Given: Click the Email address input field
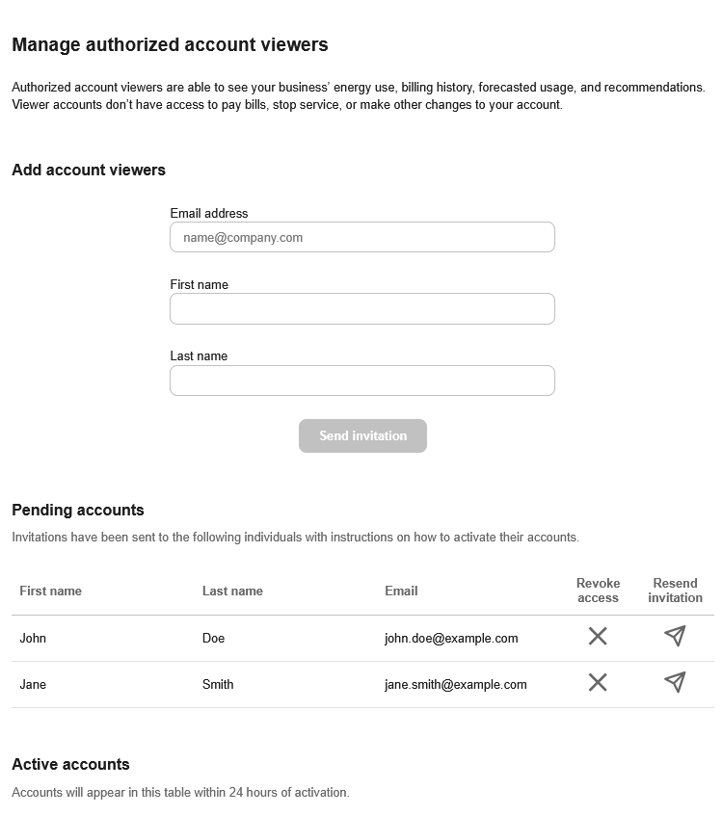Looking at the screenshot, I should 361,237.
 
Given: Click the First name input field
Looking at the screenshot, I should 361,309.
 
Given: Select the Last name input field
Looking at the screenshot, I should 361,381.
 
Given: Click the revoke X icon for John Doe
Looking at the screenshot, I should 598,636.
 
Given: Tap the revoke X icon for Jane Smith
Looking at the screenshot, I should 598,682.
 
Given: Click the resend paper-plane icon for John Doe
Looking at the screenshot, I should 675,636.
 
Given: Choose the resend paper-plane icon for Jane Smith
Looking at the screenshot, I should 675,682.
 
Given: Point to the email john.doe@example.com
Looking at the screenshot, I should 451,638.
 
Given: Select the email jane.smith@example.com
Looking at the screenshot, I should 455,684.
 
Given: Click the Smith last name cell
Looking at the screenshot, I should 218,684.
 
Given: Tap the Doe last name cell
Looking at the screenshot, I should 213,638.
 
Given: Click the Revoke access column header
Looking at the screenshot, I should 598,591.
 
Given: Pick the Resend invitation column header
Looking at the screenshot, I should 675,591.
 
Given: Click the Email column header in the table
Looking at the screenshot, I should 401,591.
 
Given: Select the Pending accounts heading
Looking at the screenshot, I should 78,510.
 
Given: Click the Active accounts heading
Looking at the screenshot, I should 70,764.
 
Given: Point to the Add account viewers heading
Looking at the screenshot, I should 89,170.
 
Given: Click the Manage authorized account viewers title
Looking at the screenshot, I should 170,44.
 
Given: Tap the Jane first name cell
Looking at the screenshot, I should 33,684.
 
